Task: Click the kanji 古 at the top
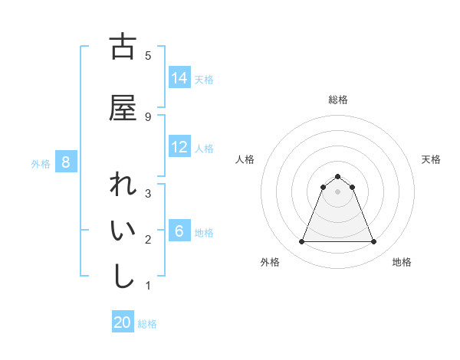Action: point(123,47)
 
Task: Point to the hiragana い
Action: point(123,232)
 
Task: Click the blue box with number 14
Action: point(179,77)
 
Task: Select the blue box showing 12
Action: point(179,147)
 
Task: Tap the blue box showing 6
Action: point(179,231)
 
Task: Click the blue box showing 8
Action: point(66,162)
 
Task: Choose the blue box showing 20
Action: point(123,322)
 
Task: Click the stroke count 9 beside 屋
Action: point(147,116)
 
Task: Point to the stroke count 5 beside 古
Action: point(147,55)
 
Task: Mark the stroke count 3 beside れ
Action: point(147,193)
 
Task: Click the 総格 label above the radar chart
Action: point(337,100)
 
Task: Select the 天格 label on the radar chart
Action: point(432,159)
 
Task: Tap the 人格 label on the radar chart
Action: point(245,159)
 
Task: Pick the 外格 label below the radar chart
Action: point(270,262)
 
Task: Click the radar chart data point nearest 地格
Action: point(374,242)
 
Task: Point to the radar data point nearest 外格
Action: point(301,242)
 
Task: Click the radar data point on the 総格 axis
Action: point(337,175)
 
